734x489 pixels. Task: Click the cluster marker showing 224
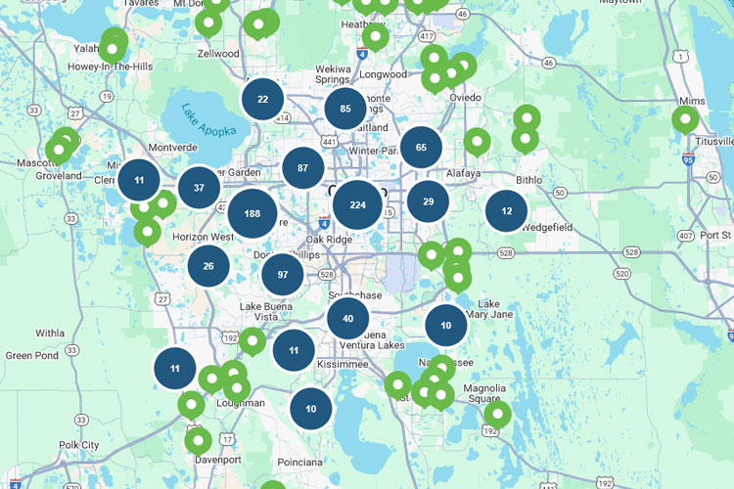point(357,205)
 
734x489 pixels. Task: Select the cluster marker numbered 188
point(252,214)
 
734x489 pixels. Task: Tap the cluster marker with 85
point(345,109)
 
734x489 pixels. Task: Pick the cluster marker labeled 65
point(421,148)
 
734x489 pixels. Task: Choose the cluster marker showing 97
point(283,274)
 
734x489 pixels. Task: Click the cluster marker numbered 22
point(262,99)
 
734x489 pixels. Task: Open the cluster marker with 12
point(506,211)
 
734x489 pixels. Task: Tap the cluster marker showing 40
point(347,319)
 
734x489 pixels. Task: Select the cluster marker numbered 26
point(208,266)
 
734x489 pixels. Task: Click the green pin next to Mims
point(685,119)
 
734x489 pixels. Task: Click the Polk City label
point(78,445)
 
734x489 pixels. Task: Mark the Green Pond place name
point(32,356)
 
